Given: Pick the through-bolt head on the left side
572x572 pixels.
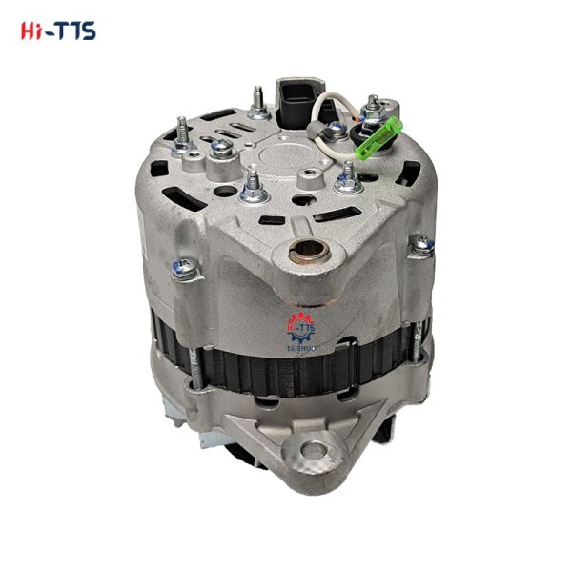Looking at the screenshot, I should (x=184, y=270).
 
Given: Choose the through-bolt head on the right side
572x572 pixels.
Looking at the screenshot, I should (x=420, y=246).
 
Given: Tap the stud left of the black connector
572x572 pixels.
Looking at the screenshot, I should (x=256, y=102).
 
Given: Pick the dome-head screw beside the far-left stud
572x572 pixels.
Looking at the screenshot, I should (x=220, y=147).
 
